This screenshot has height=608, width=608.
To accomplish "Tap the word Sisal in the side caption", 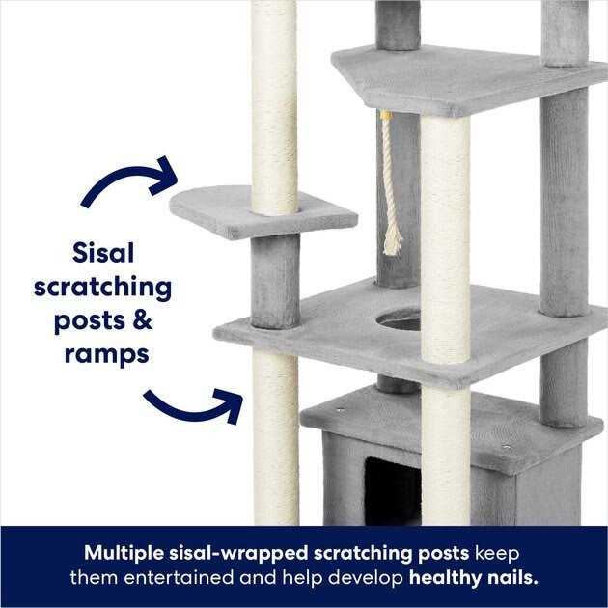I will click(103, 253).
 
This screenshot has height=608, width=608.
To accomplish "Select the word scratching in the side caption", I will click(103, 287).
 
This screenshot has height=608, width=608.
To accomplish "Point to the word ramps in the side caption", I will click(106, 354).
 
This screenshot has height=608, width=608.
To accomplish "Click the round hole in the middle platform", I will click(399, 319).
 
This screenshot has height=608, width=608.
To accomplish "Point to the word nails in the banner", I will click(511, 578).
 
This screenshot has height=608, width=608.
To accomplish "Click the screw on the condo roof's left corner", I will click(340, 410).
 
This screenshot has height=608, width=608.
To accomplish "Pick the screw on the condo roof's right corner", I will click(506, 447).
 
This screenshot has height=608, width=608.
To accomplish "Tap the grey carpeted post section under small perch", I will click(275, 280).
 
